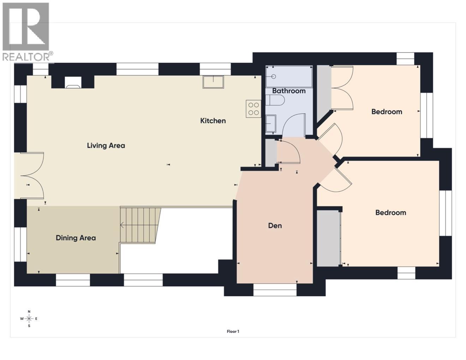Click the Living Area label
[x=106, y=145]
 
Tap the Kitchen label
[x=213, y=121]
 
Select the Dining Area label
[x=76, y=238]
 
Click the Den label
[x=275, y=226]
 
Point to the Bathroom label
[x=289, y=91]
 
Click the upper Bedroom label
[x=387, y=112]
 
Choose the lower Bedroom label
[x=390, y=212]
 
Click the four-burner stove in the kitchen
[x=253, y=109]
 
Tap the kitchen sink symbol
[x=213, y=82]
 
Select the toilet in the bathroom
[x=275, y=102]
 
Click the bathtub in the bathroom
[x=289, y=76]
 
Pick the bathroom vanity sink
[x=271, y=124]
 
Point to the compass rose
[x=29, y=319]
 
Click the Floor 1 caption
[x=233, y=331]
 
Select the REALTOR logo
[x=27, y=32]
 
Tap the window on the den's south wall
[x=275, y=290]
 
